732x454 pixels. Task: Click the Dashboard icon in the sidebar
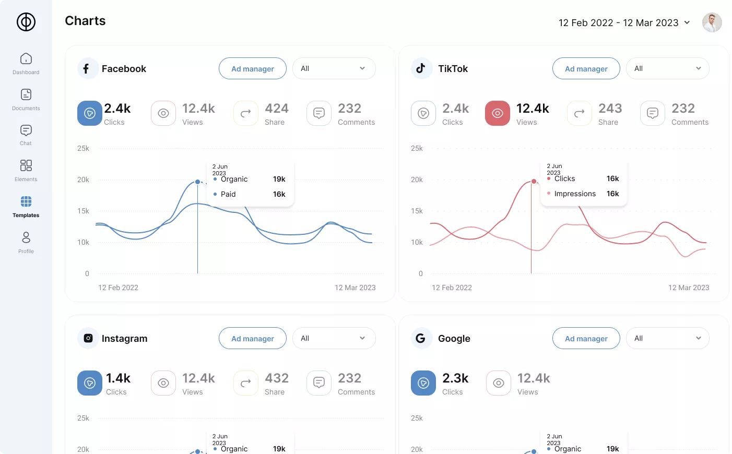pos(26,58)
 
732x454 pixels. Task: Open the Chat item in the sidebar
pos(26,130)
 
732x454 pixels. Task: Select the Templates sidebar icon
pos(26,201)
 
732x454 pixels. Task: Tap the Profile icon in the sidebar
pos(26,238)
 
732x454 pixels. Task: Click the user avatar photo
pos(712,22)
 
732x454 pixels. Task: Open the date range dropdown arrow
pos(687,22)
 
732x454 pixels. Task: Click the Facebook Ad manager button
pos(253,68)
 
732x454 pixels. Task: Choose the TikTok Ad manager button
pos(586,68)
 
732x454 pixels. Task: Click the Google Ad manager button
pos(586,338)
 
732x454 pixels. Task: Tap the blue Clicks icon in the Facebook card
pos(90,113)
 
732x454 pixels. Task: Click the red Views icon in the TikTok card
pos(497,113)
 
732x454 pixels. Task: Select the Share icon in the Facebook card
pos(246,113)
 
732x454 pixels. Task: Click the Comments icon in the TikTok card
pos(653,113)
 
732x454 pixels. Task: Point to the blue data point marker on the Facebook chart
pos(197,182)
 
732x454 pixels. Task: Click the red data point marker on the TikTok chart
pos(534,182)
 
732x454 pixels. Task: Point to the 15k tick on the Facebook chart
pos(83,211)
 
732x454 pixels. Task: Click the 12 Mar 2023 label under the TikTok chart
pos(689,288)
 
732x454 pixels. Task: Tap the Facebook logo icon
pos(87,68)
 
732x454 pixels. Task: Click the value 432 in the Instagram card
pos(277,378)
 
